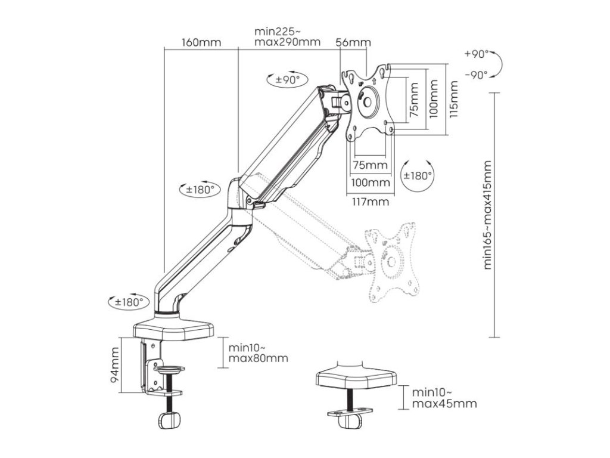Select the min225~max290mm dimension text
click(286, 36)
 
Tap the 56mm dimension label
click(353, 42)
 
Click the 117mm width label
click(369, 202)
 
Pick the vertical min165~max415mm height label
click(488, 215)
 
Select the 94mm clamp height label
click(116, 365)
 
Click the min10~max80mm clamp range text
click(258, 353)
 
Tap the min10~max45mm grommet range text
click(444, 398)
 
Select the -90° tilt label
click(476, 75)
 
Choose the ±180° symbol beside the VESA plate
click(416, 175)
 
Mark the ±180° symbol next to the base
click(127, 302)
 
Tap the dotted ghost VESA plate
click(391, 261)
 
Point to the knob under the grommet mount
click(350, 421)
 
